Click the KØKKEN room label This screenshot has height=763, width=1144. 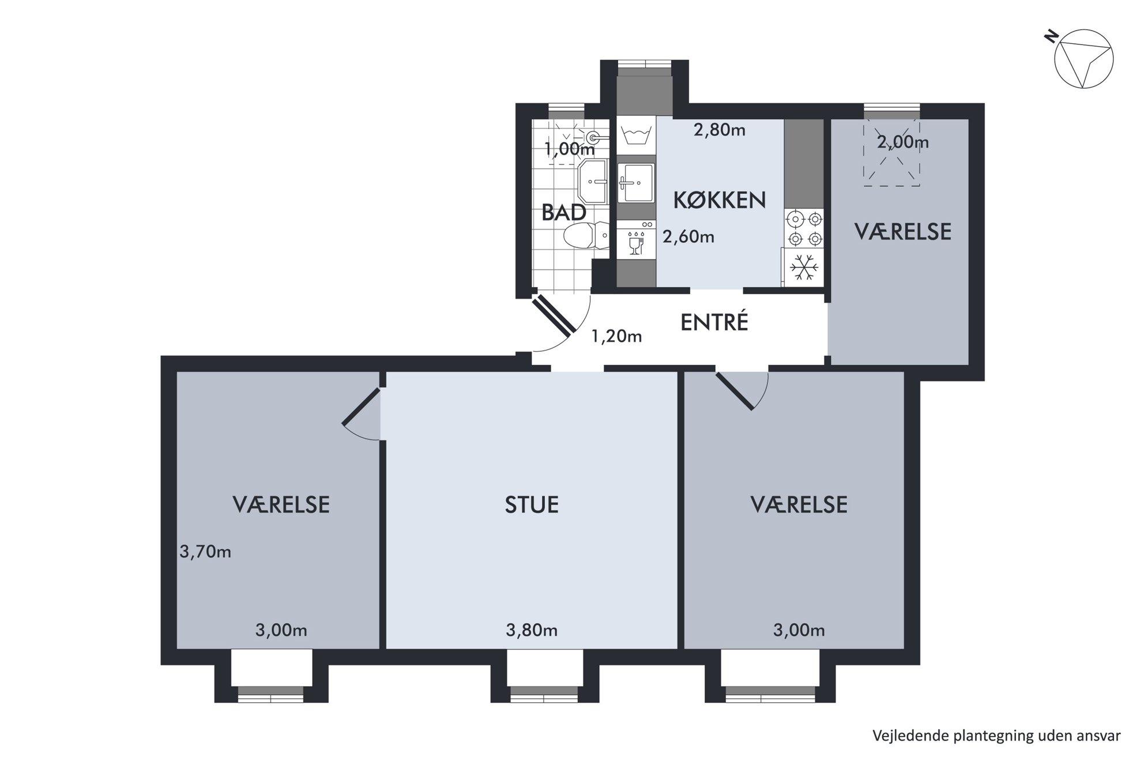pos(720,200)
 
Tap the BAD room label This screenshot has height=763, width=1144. pos(564,213)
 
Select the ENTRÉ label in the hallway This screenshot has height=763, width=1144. pos(714,322)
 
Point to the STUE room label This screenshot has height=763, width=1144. pos(532,505)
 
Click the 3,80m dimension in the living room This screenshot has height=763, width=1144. pos(532,630)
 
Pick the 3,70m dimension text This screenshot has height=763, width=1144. pos(205,552)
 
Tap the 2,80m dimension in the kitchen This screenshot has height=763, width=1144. pos(720,130)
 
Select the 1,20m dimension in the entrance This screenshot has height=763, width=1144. pos(616,336)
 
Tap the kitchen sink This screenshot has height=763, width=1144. pos(636,183)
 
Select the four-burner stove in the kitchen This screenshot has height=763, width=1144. pos(804,228)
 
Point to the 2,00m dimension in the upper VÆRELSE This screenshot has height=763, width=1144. pos(903,142)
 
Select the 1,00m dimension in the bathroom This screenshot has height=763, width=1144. pos(570,149)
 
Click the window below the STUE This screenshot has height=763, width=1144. pos(544,693)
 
